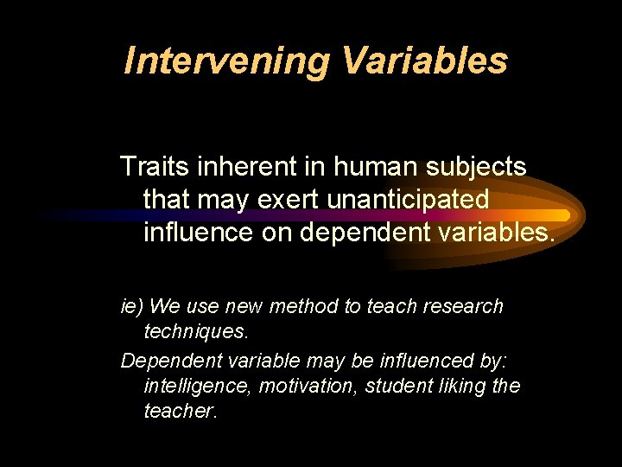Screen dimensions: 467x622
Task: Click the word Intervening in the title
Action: [x=226, y=61]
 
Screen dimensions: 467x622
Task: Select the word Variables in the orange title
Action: [x=424, y=61]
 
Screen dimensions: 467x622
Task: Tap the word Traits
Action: [x=152, y=166]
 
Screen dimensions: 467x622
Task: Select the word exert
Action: [x=291, y=199]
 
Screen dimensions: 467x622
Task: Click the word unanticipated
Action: [x=409, y=199]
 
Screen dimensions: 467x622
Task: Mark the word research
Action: [x=463, y=307]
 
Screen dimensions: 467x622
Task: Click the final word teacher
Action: [x=181, y=412]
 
